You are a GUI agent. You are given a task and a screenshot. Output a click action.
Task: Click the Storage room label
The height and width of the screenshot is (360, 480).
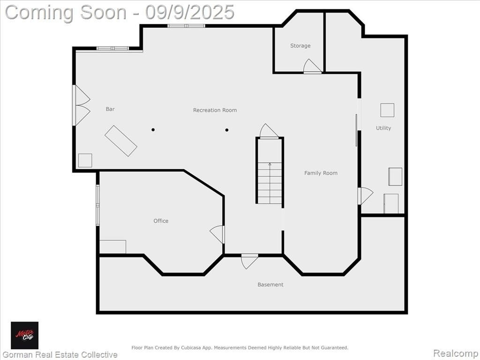(x=300, y=45)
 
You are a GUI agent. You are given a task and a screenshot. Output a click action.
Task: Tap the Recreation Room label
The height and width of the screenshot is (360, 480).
(x=215, y=110)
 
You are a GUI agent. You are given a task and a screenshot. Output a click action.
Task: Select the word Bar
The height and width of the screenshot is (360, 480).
(x=110, y=109)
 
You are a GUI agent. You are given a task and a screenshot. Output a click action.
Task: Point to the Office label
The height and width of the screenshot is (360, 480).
(x=161, y=221)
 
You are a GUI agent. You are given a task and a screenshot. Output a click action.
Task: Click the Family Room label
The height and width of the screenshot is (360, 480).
(x=321, y=173)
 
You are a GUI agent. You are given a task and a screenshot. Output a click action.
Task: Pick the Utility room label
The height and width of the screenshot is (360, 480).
(x=383, y=128)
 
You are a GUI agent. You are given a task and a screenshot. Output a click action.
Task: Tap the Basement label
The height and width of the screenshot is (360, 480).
(x=270, y=285)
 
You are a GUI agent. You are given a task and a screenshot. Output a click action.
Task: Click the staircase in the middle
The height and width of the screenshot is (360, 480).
(x=270, y=183)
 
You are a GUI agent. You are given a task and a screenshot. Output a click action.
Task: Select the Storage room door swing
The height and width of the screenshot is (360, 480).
(x=312, y=66)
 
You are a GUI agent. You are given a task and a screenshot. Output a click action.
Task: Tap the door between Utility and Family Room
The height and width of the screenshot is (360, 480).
(x=365, y=196)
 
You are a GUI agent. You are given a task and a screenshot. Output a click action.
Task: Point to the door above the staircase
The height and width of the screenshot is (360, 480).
(x=269, y=131)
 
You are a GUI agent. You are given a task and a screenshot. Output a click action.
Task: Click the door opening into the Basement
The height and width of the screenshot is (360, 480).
(x=249, y=261)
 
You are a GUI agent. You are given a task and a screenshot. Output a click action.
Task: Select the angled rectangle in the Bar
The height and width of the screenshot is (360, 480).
(x=121, y=141)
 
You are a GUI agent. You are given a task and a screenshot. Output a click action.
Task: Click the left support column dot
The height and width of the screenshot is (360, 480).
(x=153, y=130)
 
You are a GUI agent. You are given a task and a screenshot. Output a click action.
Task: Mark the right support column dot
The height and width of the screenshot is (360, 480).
(x=227, y=130)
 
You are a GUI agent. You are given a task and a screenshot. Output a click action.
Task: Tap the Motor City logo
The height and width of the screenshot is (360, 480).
(x=25, y=335)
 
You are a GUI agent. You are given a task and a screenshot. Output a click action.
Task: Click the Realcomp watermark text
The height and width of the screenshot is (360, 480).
(x=456, y=353)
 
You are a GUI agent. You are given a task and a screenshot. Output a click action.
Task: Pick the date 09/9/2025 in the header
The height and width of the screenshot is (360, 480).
(x=190, y=12)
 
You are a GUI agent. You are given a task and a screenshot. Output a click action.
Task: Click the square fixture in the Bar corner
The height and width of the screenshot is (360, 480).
(x=85, y=160)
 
